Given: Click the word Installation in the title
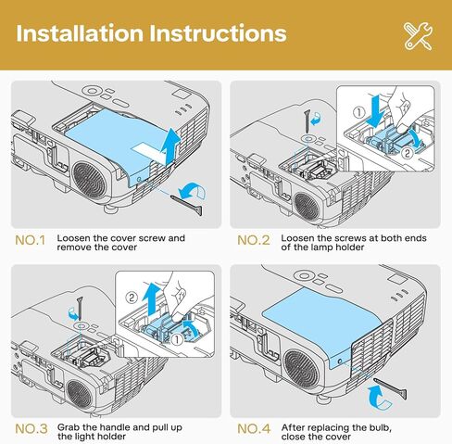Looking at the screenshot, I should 79,34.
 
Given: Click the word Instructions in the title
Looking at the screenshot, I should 215,34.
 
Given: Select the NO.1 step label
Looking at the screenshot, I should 30,240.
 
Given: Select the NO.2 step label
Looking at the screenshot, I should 253,240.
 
